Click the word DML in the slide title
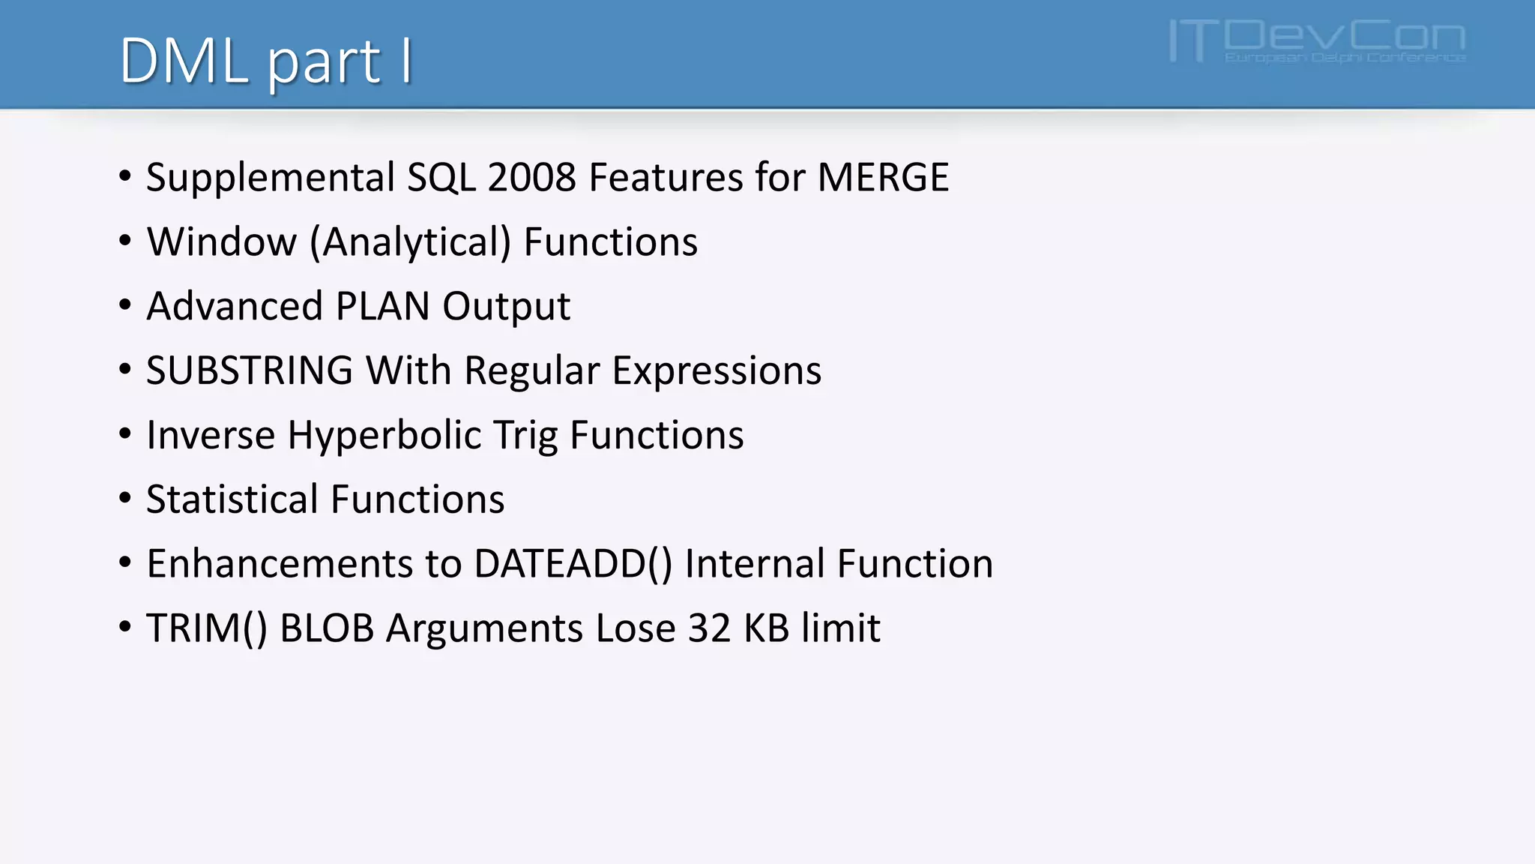click(x=184, y=61)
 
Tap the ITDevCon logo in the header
click(x=1317, y=41)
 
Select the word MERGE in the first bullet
click(x=883, y=178)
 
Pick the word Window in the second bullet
click(x=222, y=242)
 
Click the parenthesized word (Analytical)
click(x=410, y=243)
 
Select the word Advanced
click(x=235, y=306)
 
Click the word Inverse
click(x=211, y=435)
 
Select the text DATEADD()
click(x=573, y=564)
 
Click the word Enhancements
click(x=280, y=564)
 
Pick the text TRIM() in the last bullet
click(x=207, y=628)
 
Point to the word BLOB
click(x=327, y=628)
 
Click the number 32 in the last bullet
click(x=709, y=628)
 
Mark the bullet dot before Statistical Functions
click(x=125, y=498)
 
